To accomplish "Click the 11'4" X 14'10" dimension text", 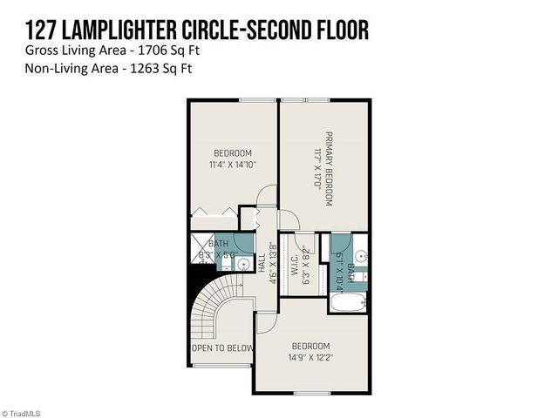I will pyautogui.click(x=232, y=165).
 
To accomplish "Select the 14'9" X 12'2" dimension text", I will pyautogui.click(x=311, y=356).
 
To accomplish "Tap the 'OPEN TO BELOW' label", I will pyautogui.click(x=223, y=348).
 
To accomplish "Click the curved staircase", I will pyautogui.click(x=218, y=308).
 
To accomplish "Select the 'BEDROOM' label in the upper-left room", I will pyautogui.click(x=232, y=153).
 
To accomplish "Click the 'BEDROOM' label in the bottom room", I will pyautogui.click(x=311, y=345).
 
